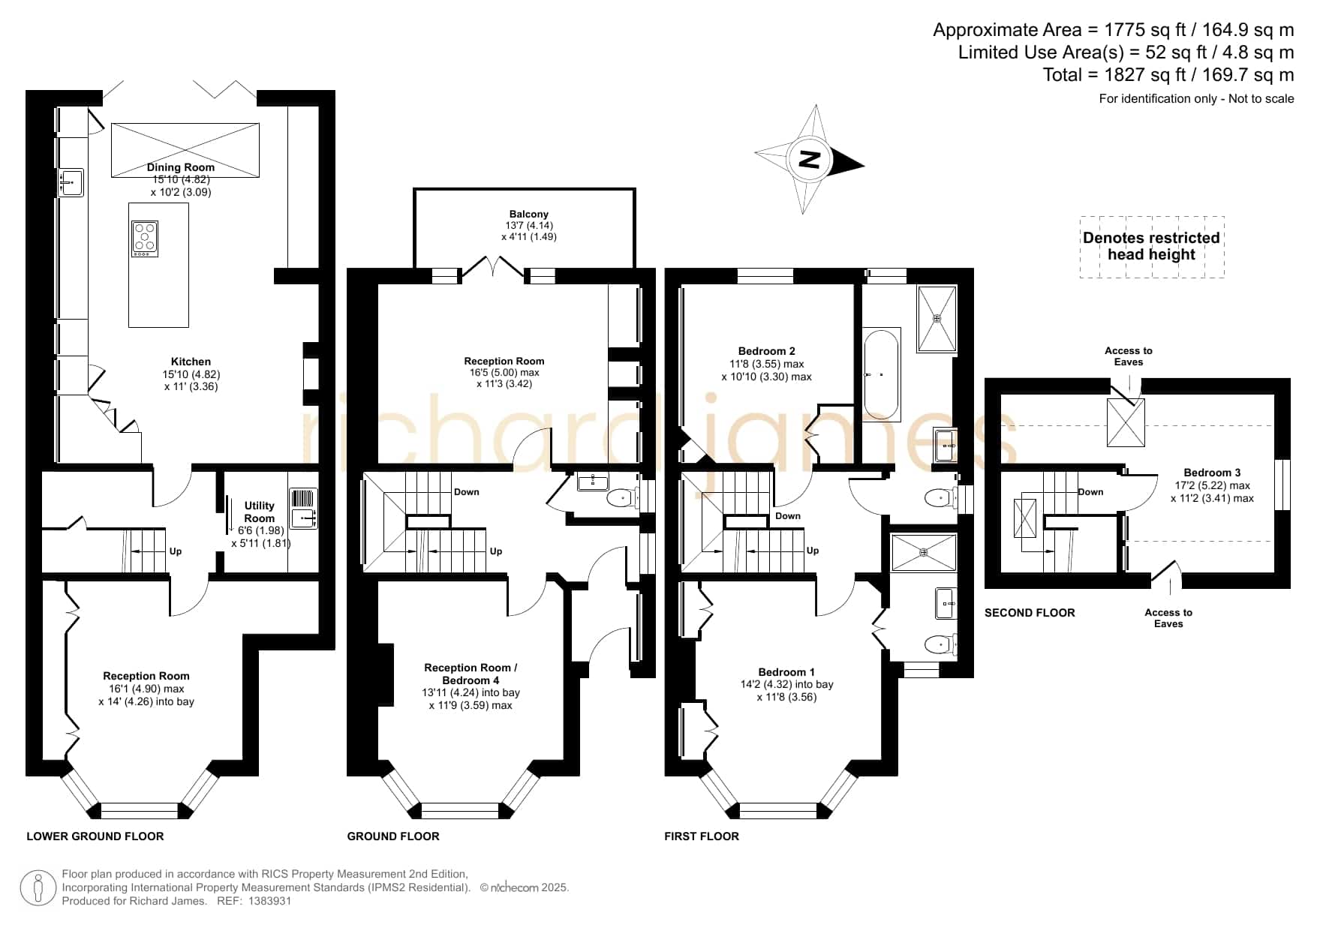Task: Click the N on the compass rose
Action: click(809, 160)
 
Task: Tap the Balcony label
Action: click(528, 214)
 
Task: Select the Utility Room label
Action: click(260, 512)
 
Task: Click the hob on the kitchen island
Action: click(145, 239)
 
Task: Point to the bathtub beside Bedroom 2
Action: click(881, 373)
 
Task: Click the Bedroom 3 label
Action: click(1212, 473)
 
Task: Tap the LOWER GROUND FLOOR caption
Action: click(95, 836)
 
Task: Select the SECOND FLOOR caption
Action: click(1030, 613)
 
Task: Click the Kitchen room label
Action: click(191, 362)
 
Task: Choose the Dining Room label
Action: click(181, 167)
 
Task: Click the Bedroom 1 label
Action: click(786, 672)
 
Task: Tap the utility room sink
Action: click(303, 509)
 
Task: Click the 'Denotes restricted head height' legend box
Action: click(1152, 247)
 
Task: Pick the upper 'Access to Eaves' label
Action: click(1129, 356)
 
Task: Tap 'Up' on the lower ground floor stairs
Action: click(176, 551)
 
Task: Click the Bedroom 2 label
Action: click(767, 351)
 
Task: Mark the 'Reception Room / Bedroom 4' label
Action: click(471, 674)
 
